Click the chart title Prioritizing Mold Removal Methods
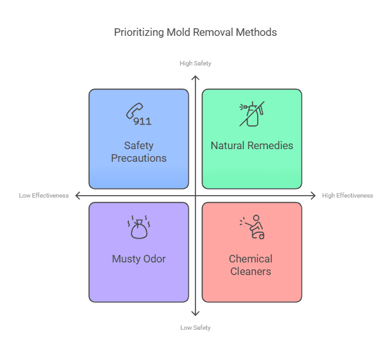pyautogui.click(x=195, y=32)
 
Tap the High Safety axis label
pyautogui.click(x=196, y=64)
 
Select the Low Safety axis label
pyautogui.click(x=196, y=328)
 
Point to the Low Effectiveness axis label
pyautogui.click(x=44, y=196)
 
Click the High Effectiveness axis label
pyautogui.click(x=348, y=196)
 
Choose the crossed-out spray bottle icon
pyautogui.click(x=251, y=114)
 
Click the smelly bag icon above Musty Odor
pyautogui.click(x=138, y=228)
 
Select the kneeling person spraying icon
pyautogui.click(x=251, y=227)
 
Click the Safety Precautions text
pyautogui.click(x=138, y=152)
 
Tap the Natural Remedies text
pyautogui.click(x=251, y=145)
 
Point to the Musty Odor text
pyautogui.click(x=138, y=259)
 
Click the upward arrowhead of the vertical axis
pyautogui.click(x=196, y=77)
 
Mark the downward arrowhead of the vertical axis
pyautogui.click(x=196, y=313)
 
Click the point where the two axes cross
pyautogui.click(x=196, y=196)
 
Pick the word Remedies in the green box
pyautogui.click(x=272, y=145)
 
